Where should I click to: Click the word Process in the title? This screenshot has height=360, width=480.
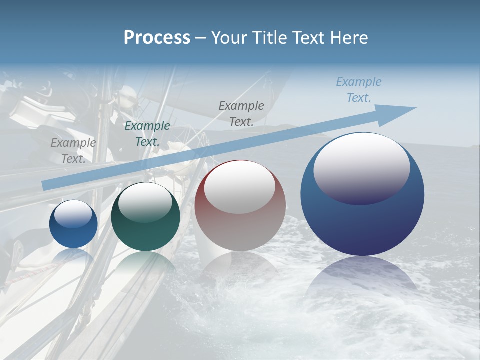click(157, 38)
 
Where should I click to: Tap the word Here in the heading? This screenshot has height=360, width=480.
click(348, 38)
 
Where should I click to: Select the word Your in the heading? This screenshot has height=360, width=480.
click(229, 38)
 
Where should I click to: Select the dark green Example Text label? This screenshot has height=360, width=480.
click(147, 134)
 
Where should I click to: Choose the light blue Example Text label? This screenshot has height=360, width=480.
click(358, 90)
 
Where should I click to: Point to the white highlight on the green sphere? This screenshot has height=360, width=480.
click(145, 202)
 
